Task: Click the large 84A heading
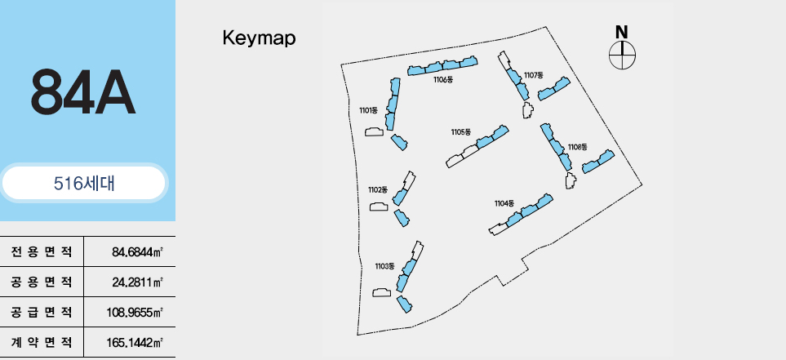(82, 92)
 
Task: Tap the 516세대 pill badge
(84, 184)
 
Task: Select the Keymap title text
(259, 38)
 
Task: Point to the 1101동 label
(368, 109)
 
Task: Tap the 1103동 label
(384, 266)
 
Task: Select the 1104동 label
(504, 202)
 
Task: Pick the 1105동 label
(461, 131)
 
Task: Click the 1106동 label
(443, 80)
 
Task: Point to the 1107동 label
(534, 75)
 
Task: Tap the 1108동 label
(577, 147)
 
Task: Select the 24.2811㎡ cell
(137, 282)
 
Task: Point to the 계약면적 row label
(42, 343)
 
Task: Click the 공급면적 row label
(42, 313)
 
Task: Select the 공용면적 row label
(42, 282)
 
